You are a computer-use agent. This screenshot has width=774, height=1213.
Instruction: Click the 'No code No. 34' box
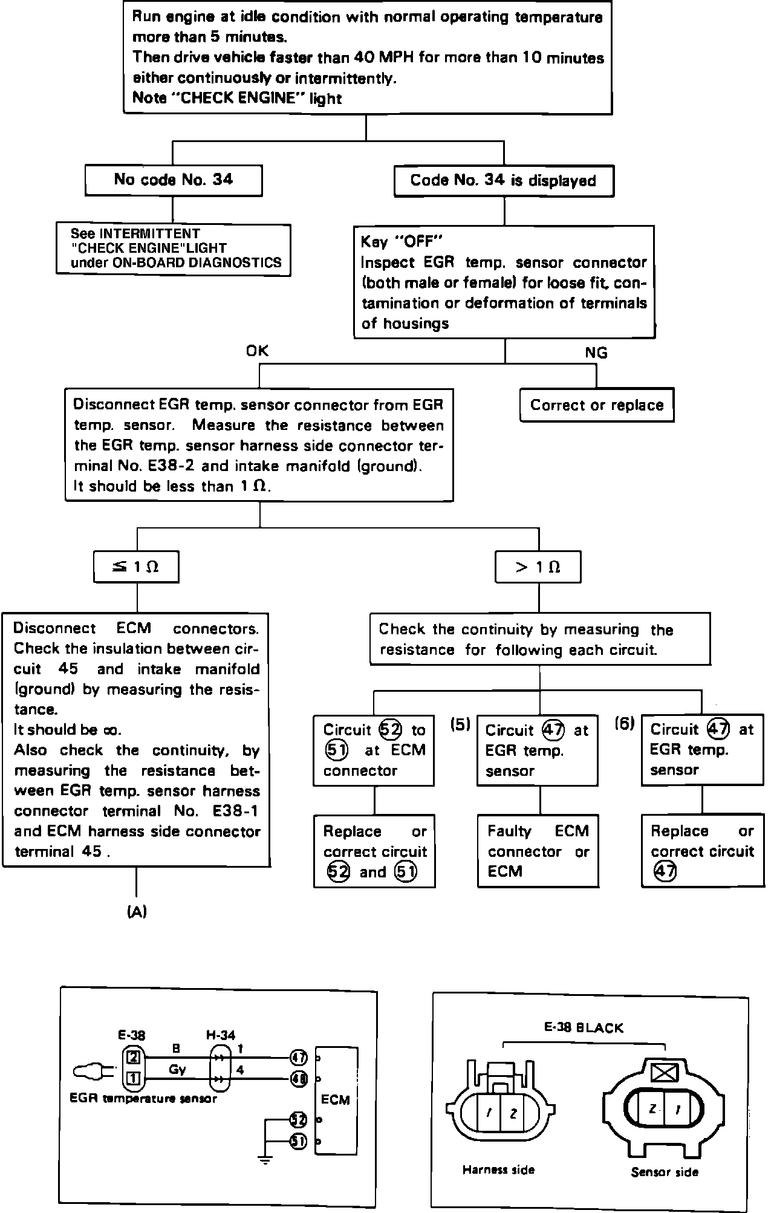tap(174, 180)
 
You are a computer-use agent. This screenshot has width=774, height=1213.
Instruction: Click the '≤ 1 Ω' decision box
tap(137, 567)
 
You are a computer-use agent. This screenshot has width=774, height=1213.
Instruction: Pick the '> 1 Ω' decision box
tap(538, 567)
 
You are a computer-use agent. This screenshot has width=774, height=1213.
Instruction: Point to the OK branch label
tap(257, 351)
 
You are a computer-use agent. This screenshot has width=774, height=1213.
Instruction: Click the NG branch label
tap(596, 353)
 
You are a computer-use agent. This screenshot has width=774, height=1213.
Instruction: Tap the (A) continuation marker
tap(137, 912)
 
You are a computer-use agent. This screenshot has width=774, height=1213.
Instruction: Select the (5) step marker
tap(460, 724)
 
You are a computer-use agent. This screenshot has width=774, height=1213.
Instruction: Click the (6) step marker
tap(625, 723)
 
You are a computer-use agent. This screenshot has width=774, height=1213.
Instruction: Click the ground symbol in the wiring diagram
tap(265, 1158)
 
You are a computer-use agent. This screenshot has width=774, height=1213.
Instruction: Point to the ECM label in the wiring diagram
tap(336, 1099)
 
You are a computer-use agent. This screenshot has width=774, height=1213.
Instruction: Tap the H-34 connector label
tap(221, 1035)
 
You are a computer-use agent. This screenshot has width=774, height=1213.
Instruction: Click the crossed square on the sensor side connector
tap(665, 1072)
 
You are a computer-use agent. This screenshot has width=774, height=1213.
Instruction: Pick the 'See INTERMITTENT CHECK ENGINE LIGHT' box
tap(174, 249)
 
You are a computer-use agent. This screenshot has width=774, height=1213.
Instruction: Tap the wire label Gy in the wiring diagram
tap(177, 1069)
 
